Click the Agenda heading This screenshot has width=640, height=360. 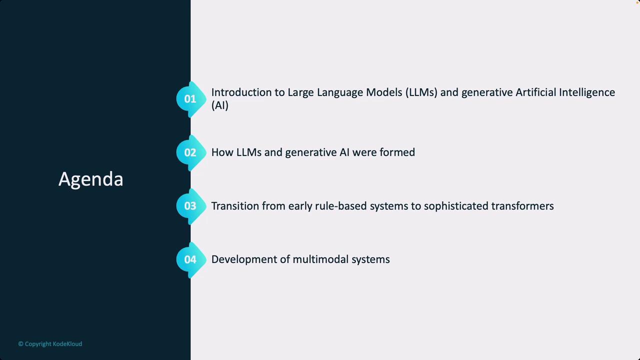[91, 179]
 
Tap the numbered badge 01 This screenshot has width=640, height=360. [191, 99]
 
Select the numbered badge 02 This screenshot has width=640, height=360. [191, 152]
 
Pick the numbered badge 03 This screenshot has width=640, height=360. [191, 206]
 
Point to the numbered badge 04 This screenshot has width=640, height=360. [191, 259]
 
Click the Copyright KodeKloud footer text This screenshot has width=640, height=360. [50, 344]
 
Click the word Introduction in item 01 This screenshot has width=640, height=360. [247, 92]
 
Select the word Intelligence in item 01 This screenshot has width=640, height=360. [587, 93]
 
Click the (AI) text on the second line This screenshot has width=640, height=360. [219, 105]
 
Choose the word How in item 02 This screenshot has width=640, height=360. [222, 152]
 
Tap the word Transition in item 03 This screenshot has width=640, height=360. [235, 206]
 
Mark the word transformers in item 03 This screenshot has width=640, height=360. [522, 206]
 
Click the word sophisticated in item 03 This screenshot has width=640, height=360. [456, 206]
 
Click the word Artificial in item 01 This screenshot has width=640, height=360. [535, 92]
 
